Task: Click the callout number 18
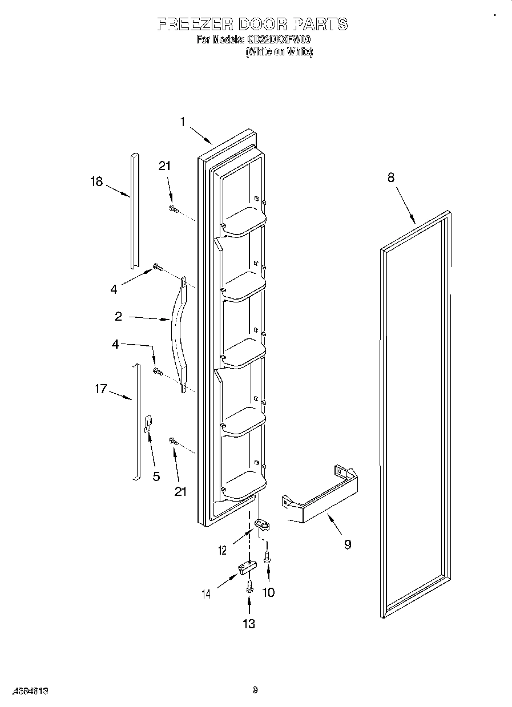pos(96,181)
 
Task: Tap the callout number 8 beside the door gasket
pos(391,177)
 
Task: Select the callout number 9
pos(347,544)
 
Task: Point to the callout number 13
pos(249,624)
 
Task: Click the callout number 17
pos(100,390)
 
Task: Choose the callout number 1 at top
pos(183,122)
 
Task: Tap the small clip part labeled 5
pos(147,425)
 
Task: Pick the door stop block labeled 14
pos(247,568)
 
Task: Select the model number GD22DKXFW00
pos(279,40)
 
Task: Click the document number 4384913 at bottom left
pos(27,690)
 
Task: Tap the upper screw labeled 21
pos(174,209)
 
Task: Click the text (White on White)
pos(279,51)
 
